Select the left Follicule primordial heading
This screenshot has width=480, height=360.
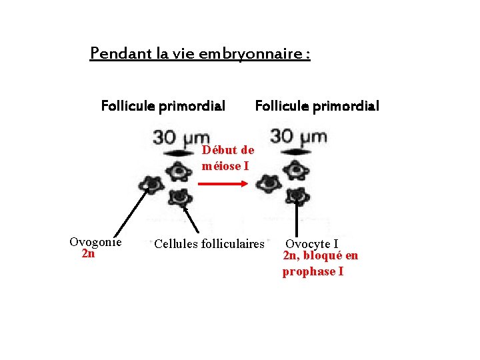(163, 106)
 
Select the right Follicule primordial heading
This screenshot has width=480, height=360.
(317, 106)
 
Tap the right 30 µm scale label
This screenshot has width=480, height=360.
(298, 138)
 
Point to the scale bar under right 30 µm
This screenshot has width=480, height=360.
(293, 153)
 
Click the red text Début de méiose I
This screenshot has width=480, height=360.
(227, 158)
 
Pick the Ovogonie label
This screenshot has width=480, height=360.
(95, 242)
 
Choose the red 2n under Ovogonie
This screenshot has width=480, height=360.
(88, 254)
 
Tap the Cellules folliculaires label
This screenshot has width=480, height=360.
(209, 244)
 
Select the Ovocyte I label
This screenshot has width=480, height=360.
(312, 244)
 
